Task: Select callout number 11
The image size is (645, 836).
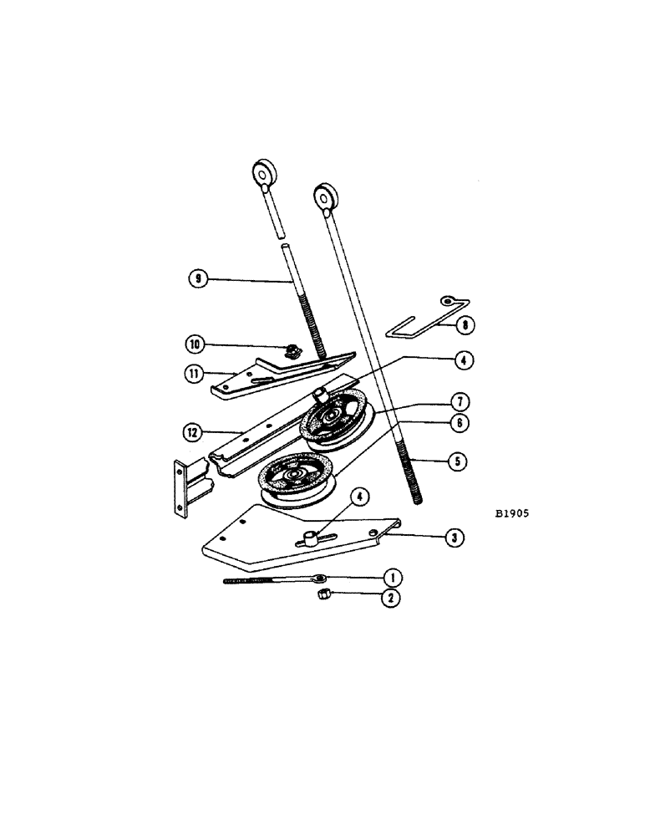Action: pos(195,373)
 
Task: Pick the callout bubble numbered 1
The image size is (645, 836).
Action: pos(390,577)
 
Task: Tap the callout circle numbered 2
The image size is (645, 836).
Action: pos(390,598)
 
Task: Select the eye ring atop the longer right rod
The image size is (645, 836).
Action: pos(324,198)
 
